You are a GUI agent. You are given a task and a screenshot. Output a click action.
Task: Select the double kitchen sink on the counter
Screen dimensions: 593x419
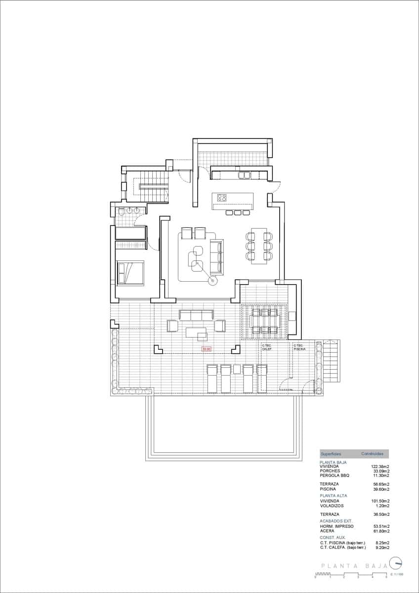click(x=245, y=175)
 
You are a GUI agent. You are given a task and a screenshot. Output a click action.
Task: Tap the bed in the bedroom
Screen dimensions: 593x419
click(x=130, y=273)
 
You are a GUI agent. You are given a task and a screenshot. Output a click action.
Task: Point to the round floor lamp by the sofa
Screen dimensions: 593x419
click(x=213, y=281)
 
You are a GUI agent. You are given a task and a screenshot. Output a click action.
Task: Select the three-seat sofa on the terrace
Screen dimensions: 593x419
click(x=196, y=315)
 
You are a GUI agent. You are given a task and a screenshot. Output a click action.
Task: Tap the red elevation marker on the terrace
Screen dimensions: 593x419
click(x=207, y=349)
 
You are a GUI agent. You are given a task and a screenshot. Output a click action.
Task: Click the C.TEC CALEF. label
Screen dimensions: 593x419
click(x=267, y=347)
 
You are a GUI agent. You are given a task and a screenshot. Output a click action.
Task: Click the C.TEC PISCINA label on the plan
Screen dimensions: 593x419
click(x=299, y=347)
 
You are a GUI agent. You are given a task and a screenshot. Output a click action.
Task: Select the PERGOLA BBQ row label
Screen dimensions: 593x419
click(x=335, y=475)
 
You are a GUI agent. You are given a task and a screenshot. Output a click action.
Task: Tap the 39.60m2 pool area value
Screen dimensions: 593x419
click(x=380, y=489)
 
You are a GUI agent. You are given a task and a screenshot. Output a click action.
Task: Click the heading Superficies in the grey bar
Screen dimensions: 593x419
click(x=331, y=454)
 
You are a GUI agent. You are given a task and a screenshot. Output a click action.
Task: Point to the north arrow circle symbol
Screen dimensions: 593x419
click(x=395, y=563)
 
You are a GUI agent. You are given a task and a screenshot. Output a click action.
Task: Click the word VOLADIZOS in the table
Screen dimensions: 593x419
click(x=332, y=506)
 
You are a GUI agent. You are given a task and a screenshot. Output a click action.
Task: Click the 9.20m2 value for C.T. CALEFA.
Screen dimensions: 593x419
click(x=381, y=548)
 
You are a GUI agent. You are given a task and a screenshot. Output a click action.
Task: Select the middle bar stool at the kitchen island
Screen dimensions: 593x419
click(x=237, y=212)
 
